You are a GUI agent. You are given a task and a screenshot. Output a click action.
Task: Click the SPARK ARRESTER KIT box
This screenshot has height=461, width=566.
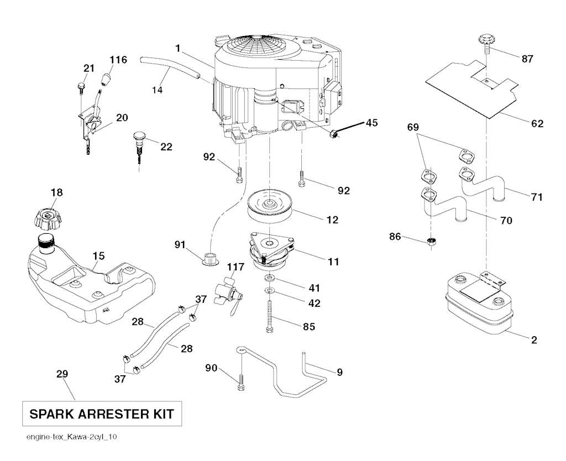click(101, 413)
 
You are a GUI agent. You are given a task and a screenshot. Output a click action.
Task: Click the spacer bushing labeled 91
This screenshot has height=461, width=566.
click(210, 258)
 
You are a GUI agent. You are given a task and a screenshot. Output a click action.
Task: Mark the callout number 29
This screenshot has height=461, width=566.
click(62, 374)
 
